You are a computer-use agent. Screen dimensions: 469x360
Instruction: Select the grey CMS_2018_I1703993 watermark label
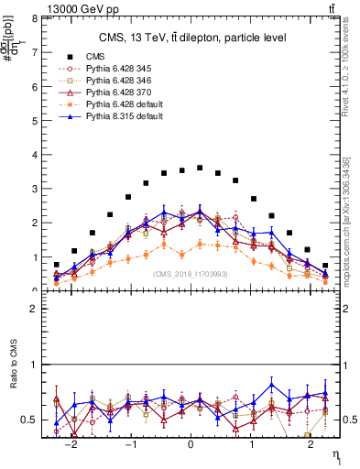tap(191, 274)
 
